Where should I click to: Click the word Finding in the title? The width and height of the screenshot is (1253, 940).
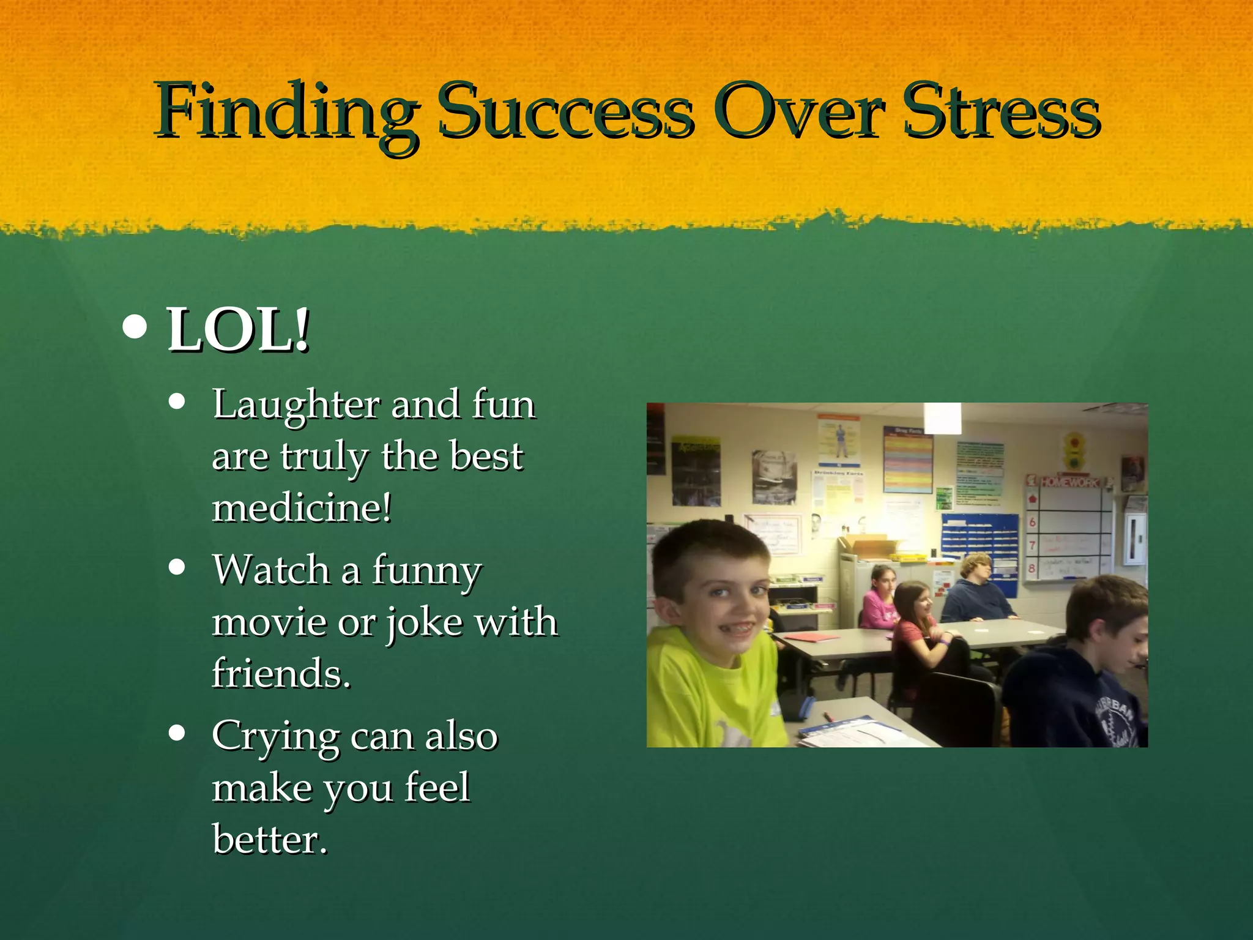click(x=286, y=113)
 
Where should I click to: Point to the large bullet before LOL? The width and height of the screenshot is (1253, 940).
click(x=135, y=327)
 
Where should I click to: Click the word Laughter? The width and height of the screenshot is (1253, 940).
click(x=296, y=405)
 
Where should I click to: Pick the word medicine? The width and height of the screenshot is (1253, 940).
click(x=302, y=508)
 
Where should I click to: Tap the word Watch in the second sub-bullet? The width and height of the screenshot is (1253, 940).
click(x=272, y=570)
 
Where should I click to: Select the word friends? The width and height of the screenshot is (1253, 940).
click(x=281, y=673)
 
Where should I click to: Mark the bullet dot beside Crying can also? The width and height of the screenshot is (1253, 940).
click(x=177, y=733)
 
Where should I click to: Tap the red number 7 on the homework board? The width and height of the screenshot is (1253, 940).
click(x=1032, y=545)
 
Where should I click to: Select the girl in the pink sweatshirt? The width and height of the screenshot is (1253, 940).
click(x=879, y=600)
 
